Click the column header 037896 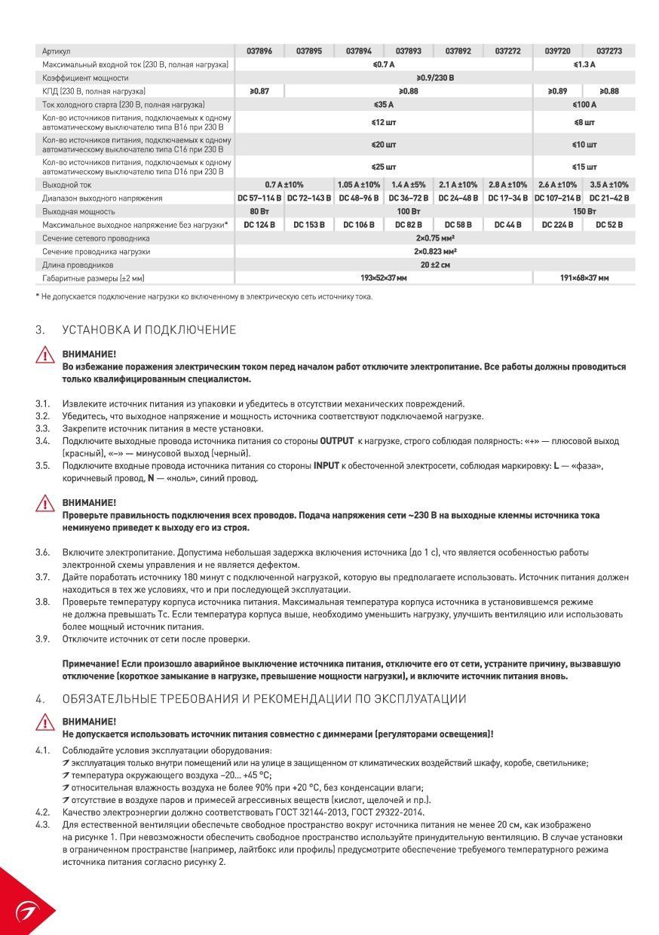coord(259,51)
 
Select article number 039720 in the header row coord(557,51)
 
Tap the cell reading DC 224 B coord(557,225)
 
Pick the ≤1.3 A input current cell coord(584,65)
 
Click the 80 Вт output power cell coord(259,211)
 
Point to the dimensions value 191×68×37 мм coord(584,278)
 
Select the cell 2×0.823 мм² coord(434,252)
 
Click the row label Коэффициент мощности coord(85,78)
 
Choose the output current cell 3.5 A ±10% coord(608,185)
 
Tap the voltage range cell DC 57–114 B coord(259,198)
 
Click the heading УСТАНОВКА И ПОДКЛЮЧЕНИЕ coord(149,330)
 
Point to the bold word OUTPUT coord(336,441)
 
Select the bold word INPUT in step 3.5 coord(326,466)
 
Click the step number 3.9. coord(42,639)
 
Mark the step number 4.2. coord(42,812)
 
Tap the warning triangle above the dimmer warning coord(46,724)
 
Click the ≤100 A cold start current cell coord(584,105)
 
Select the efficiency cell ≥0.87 coord(259,91)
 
